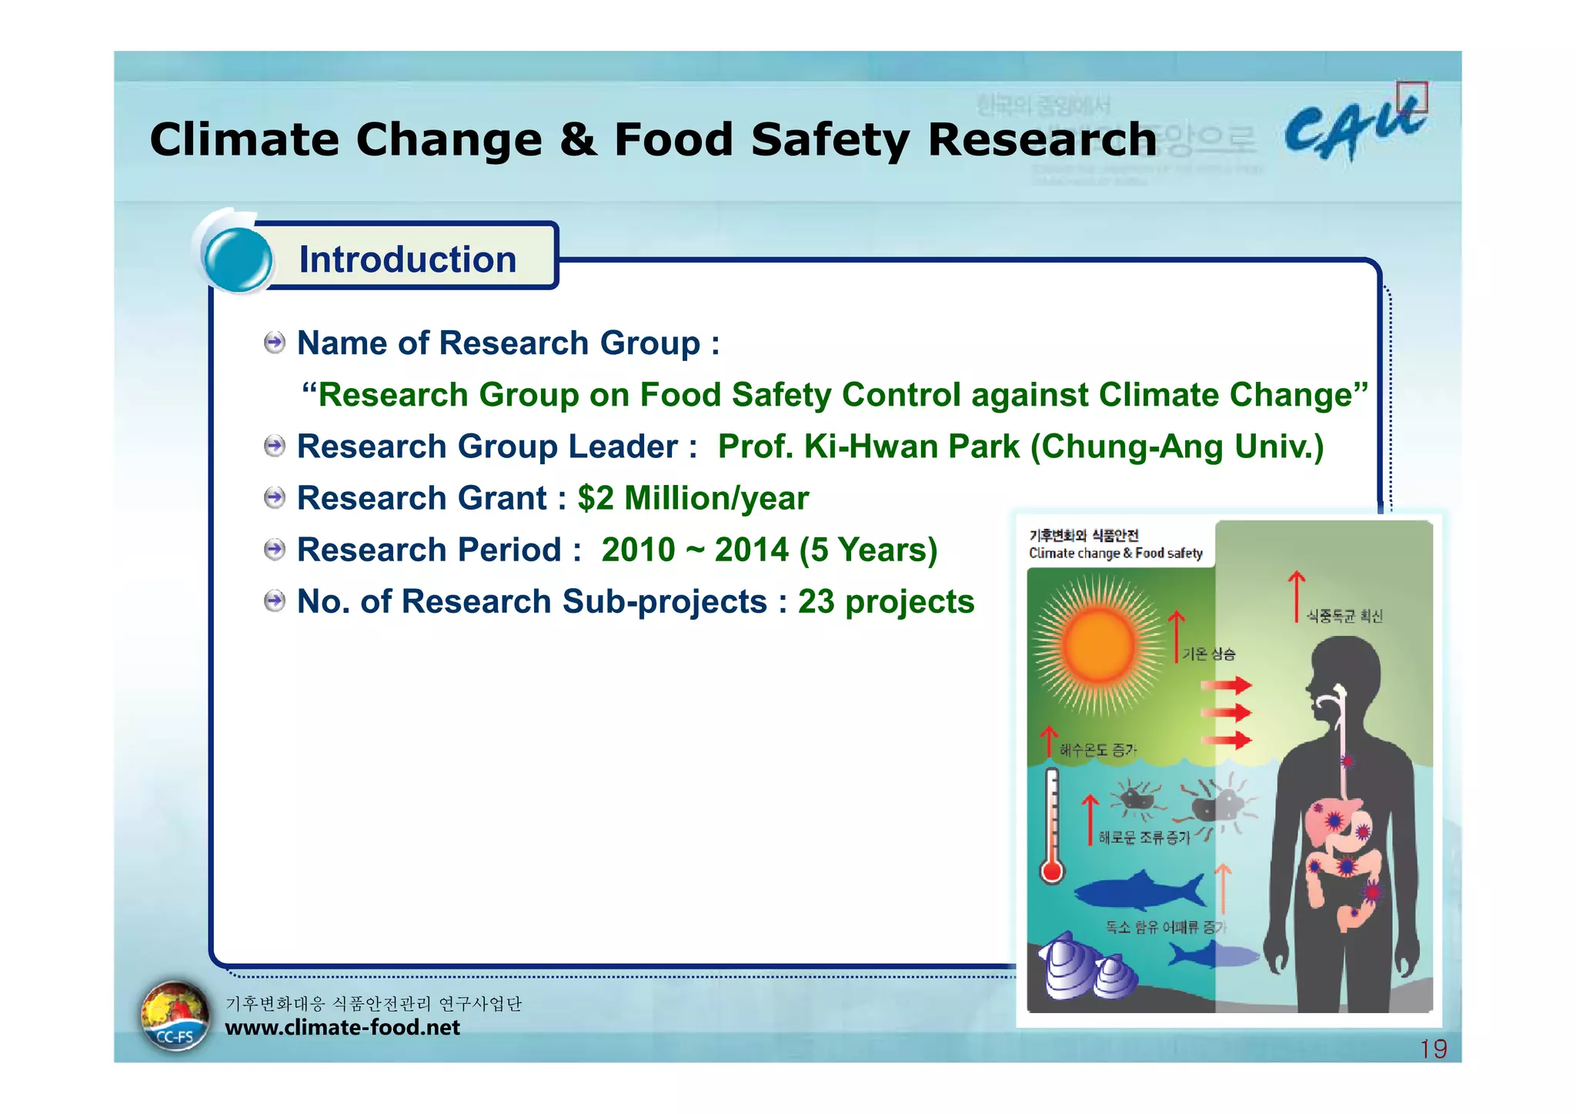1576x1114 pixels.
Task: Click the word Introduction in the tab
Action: (x=407, y=259)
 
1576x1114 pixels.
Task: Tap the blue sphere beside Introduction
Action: (x=239, y=259)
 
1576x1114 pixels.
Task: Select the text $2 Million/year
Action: (x=693, y=498)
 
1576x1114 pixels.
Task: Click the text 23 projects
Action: (x=886, y=601)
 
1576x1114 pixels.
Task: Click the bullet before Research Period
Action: (x=274, y=550)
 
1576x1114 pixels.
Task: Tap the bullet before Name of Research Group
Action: (x=274, y=343)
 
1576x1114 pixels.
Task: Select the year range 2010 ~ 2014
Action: (x=696, y=550)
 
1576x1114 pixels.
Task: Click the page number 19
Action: (x=1433, y=1049)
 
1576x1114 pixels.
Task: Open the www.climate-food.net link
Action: (x=342, y=1027)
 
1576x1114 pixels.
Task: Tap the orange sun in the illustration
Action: (x=1099, y=645)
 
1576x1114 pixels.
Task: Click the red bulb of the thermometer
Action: (x=1052, y=871)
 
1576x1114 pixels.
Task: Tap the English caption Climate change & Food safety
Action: (x=1115, y=553)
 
